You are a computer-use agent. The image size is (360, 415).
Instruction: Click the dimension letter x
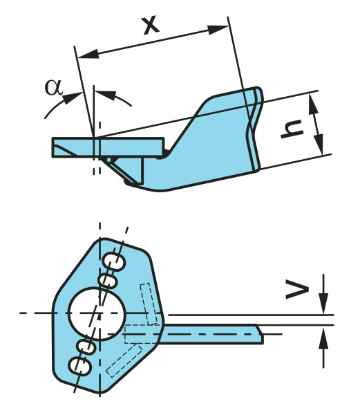pyautogui.click(x=151, y=26)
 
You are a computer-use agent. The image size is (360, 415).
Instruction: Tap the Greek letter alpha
pyautogui.click(x=54, y=87)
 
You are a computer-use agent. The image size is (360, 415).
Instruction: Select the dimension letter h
pyautogui.click(x=292, y=129)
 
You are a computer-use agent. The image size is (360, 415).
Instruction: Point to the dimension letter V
pyautogui.click(x=297, y=290)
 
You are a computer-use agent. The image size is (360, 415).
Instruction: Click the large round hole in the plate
pyautogui.click(x=97, y=313)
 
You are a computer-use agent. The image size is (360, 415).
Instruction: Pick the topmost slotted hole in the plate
pyautogui.click(x=113, y=261)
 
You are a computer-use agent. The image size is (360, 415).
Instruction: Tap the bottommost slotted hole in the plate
pyautogui.click(x=80, y=367)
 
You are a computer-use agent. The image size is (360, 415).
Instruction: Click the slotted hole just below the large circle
pyautogui.click(x=86, y=347)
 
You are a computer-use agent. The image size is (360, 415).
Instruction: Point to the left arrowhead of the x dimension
pyautogui.click(x=88, y=54)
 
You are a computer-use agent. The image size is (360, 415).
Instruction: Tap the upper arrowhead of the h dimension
pyautogui.click(x=313, y=105)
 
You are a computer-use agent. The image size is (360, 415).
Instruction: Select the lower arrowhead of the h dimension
pyautogui.click(x=319, y=145)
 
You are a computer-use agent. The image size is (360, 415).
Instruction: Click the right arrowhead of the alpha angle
pyautogui.click(x=106, y=95)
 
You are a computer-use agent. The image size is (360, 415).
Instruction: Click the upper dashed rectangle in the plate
pyautogui.click(x=149, y=304)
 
